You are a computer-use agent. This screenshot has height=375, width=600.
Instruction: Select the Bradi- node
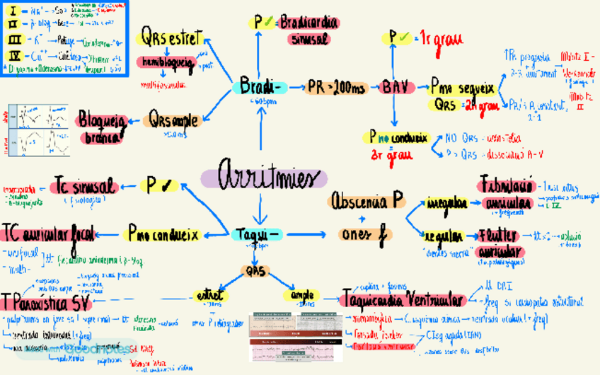(x=259, y=87)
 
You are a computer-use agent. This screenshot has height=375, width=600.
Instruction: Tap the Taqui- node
(x=259, y=233)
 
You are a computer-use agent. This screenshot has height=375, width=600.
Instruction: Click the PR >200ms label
(x=336, y=88)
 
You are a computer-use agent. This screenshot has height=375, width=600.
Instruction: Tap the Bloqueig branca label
(x=103, y=128)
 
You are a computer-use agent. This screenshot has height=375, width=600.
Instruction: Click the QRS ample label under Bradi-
(x=173, y=120)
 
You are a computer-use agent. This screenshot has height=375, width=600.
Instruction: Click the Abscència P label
(x=366, y=202)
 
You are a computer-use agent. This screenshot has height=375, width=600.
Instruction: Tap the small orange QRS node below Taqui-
(x=254, y=270)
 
